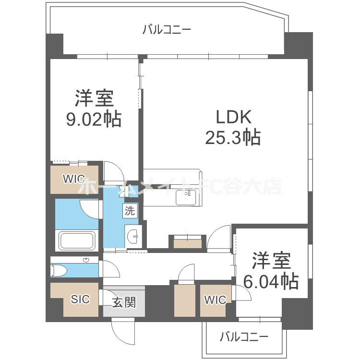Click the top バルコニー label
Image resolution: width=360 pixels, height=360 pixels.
[x=167, y=30]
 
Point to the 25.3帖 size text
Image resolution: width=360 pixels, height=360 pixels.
[x=233, y=138]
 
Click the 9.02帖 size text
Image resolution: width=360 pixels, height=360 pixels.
[x=94, y=119]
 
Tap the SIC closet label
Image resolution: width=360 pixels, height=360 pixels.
[x=80, y=299]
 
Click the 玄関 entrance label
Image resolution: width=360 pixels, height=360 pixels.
[x=124, y=302]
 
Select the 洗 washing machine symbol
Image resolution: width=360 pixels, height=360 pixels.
[x=130, y=210]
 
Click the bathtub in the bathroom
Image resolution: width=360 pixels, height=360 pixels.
[x=77, y=240]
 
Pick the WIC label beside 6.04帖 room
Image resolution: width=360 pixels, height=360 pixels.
[x=215, y=300]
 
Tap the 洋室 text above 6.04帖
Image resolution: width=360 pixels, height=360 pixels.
[x=272, y=261]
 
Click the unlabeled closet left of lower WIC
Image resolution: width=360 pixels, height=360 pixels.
[x=185, y=300]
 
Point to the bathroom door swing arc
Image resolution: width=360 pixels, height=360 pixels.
[x=89, y=209]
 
